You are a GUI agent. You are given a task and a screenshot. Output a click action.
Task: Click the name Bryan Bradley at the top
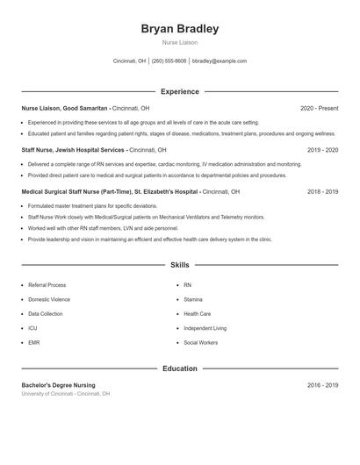(180, 29)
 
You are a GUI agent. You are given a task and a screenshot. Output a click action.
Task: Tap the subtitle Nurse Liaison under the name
(180, 42)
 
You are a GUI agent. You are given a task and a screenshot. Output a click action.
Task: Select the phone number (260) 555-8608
(169, 61)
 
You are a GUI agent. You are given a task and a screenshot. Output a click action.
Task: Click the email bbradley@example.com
(219, 61)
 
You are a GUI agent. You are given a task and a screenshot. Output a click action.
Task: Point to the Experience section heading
(180, 91)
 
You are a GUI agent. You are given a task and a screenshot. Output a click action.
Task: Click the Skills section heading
(180, 265)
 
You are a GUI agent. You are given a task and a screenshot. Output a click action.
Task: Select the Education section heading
(180, 368)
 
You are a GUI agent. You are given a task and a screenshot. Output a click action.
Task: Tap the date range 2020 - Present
(319, 108)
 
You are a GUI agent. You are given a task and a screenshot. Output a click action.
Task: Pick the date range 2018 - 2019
(322, 191)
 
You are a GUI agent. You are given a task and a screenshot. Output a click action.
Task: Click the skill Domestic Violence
(49, 299)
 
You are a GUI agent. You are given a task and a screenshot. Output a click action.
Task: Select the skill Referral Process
(47, 285)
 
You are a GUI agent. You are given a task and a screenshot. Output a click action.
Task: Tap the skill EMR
(34, 342)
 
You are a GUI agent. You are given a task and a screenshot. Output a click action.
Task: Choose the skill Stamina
(194, 299)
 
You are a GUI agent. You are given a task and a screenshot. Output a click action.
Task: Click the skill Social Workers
(201, 342)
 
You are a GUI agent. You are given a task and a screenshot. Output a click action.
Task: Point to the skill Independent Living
(205, 328)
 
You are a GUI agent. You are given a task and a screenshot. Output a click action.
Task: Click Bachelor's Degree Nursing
(59, 385)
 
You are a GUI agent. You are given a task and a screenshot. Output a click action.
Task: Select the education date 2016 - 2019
(322, 385)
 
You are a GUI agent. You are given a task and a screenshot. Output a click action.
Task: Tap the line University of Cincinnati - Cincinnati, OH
(66, 394)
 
